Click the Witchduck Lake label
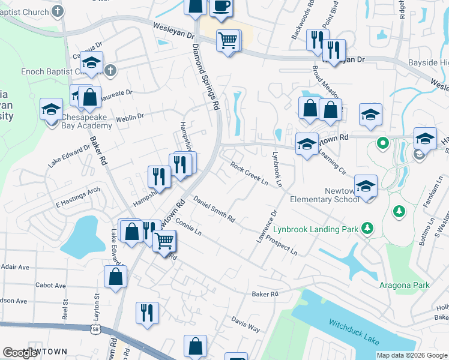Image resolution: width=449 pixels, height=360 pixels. (354, 331)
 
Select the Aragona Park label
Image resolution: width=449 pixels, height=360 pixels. (404, 285)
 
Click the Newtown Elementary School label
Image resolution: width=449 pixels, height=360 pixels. (325, 195)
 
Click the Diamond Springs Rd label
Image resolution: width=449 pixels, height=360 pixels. (205, 75)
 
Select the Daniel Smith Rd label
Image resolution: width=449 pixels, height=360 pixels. (214, 209)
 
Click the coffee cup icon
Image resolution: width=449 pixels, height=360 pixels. (221, 6)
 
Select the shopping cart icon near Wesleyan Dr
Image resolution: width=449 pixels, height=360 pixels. (228, 41)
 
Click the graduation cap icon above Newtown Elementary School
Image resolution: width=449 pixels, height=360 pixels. (365, 185)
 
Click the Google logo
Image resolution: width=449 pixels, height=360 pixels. (21, 353)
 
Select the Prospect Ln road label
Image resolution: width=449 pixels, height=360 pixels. (282, 247)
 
